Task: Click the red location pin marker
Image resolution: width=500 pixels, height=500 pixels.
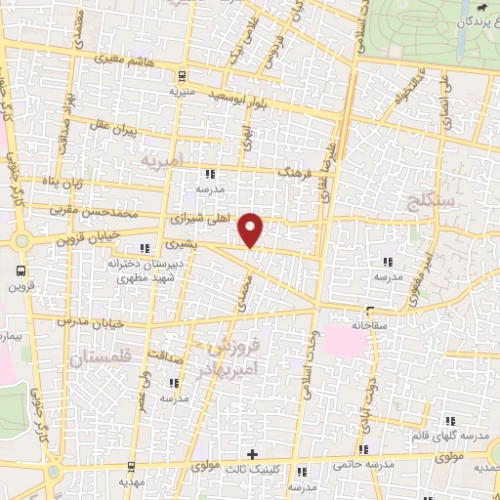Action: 252,230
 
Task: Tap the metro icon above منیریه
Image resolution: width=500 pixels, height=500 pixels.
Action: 183,75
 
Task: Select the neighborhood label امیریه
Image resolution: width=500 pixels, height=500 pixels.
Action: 162,158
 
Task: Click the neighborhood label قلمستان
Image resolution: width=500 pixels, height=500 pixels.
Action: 100,360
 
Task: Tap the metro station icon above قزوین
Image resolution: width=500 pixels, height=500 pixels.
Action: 21,271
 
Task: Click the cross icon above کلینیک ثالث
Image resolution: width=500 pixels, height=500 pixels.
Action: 252,454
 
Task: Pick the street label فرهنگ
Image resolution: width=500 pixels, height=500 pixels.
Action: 294,170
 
